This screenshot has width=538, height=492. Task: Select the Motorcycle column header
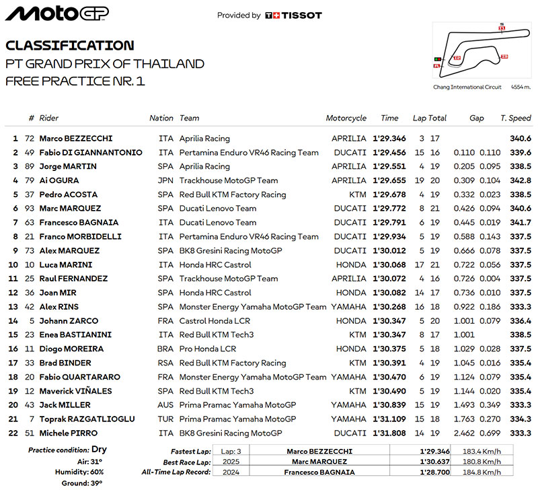[x=346, y=118]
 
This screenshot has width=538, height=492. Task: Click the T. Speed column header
[x=516, y=118]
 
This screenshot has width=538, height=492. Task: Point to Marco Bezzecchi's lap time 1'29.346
[x=389, y=139]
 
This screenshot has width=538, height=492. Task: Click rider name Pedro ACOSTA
[x=67, y=195]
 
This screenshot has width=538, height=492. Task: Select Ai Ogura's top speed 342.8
[x=521, y=180]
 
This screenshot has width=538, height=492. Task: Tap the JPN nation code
[x=165, y=180]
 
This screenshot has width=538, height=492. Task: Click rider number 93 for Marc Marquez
[x=31, y=209]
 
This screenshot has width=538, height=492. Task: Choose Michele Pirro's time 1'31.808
[x=389, y=433]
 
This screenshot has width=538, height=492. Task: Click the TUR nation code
[x=165, y=419]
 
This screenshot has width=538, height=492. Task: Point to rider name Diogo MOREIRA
[x=70, y=349]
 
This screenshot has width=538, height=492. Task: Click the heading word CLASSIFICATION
[x=69, y=46]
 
